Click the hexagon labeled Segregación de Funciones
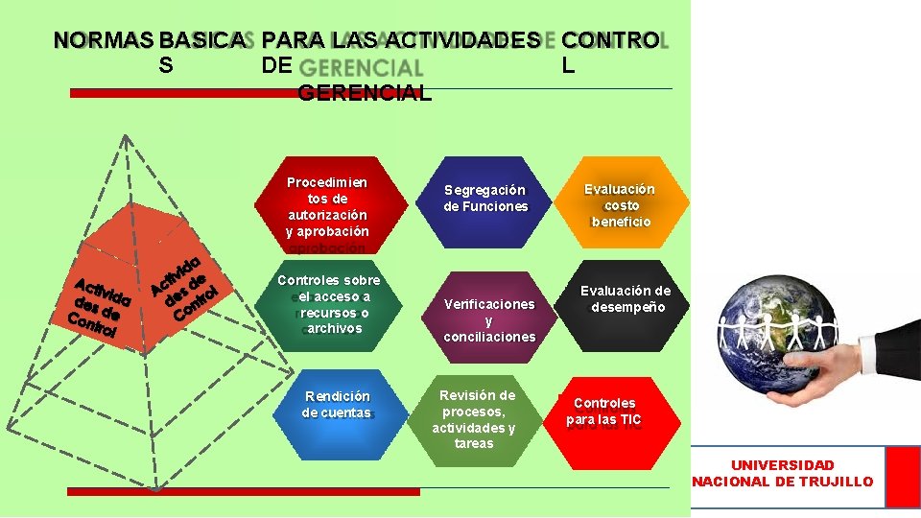(x=485, y=198)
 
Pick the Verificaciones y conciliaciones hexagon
(x=488, y=318)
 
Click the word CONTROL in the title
(x=610, y=40)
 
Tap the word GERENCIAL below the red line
(x=365, y=93)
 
